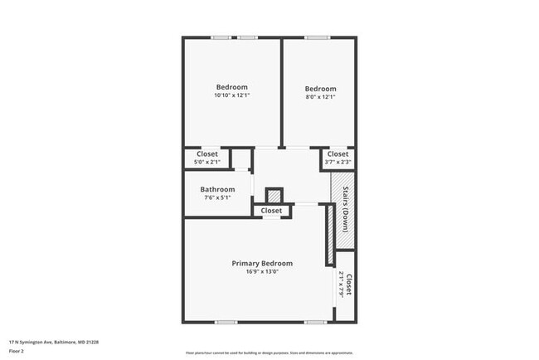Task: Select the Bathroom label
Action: pos(217,189)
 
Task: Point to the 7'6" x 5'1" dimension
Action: pos(217,197)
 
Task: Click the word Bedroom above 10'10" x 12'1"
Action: pos(231,87)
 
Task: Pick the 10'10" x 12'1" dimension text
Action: pos(231,95)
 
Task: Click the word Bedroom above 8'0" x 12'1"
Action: pos(320,89)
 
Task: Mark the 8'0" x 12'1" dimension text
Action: pos(320,97)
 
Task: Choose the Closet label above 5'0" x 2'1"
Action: pos(207,153)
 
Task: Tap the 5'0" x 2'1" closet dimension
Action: pos(207,162)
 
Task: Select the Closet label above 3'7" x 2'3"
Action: pos(337,153)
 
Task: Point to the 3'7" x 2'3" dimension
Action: pos(337,162)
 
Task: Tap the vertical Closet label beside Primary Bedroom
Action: pos(349,286)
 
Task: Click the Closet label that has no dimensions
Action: pos(271,211)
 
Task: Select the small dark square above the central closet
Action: pos(274,196)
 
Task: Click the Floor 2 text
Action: pos(17,350)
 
